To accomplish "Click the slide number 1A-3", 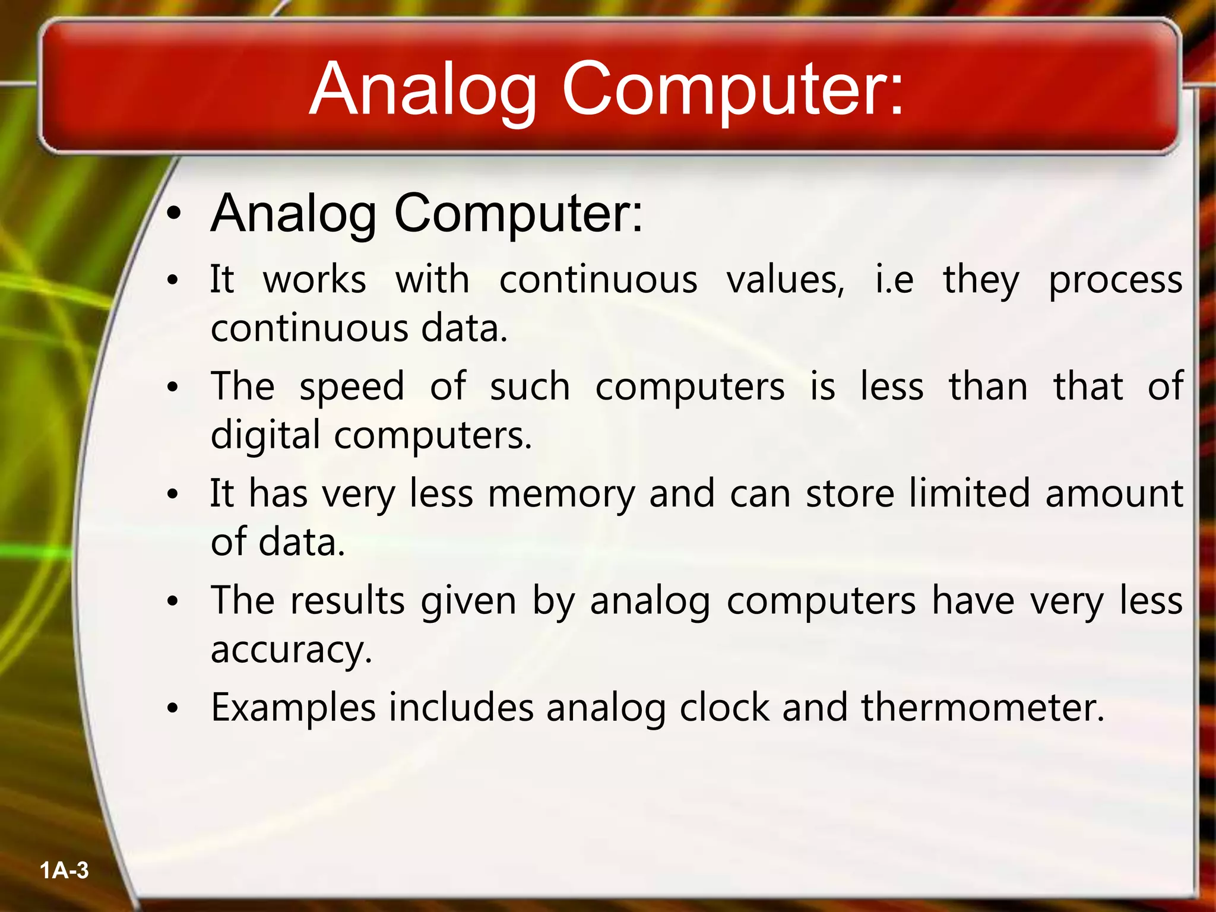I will pyautogui.click(x=64, y=870).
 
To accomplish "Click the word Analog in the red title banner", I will pyautogui.click(x=423, y=90).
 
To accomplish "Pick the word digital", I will pyautogui.click(x=266, y=436).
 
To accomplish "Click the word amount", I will pyautogui.click(x=1114, y=494).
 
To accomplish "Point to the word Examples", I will pyautogui.click(x=293, y=708).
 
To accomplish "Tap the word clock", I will pyautogui.click(x=724, y=708).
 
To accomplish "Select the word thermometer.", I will pyautogui.click(x=983, y=708).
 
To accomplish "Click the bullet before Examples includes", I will pyautogui.click(x=172, y=708).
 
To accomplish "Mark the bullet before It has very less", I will pyautogui.click(x=172, y=494).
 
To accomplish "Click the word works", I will pyautogui.click(x=315, y=280).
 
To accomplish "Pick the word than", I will pyautogui.click(x=988, y=387).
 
